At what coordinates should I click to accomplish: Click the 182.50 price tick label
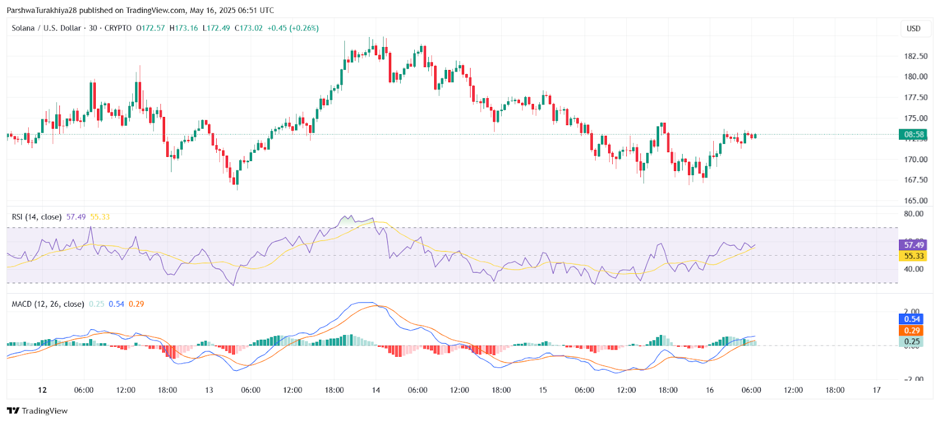(x=915, y=56)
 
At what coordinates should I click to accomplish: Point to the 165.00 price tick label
(x=915, y=200)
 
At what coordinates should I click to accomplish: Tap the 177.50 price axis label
(x=915, y=98)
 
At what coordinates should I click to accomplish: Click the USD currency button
(x=914, y=29)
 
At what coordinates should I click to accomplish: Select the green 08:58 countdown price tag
(x=913, y=135)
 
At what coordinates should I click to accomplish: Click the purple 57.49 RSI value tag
(x=913, y=245)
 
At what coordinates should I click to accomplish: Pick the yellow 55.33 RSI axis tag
(x=913, y=256)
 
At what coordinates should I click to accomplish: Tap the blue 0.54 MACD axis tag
(x=912, y=319)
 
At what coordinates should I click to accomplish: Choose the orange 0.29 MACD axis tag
(x=912, y=331)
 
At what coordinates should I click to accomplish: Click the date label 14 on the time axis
(x=376, y=390)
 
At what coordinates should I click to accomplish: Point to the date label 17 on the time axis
(x=877, y=390)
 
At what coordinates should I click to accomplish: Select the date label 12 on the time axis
(x=42, y=390)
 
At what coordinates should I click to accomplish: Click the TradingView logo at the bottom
(x=38, y=411)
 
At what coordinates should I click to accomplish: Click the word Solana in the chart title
(x=23, y=28)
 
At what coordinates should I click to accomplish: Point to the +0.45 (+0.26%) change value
(x=293, y=28)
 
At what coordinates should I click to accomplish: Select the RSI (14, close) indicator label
(x=36, y=217)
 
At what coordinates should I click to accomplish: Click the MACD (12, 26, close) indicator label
(x=48, y=304)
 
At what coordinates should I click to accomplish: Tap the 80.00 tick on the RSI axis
(x=914, y=214)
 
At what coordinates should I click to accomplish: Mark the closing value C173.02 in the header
(x=249, y=28)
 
